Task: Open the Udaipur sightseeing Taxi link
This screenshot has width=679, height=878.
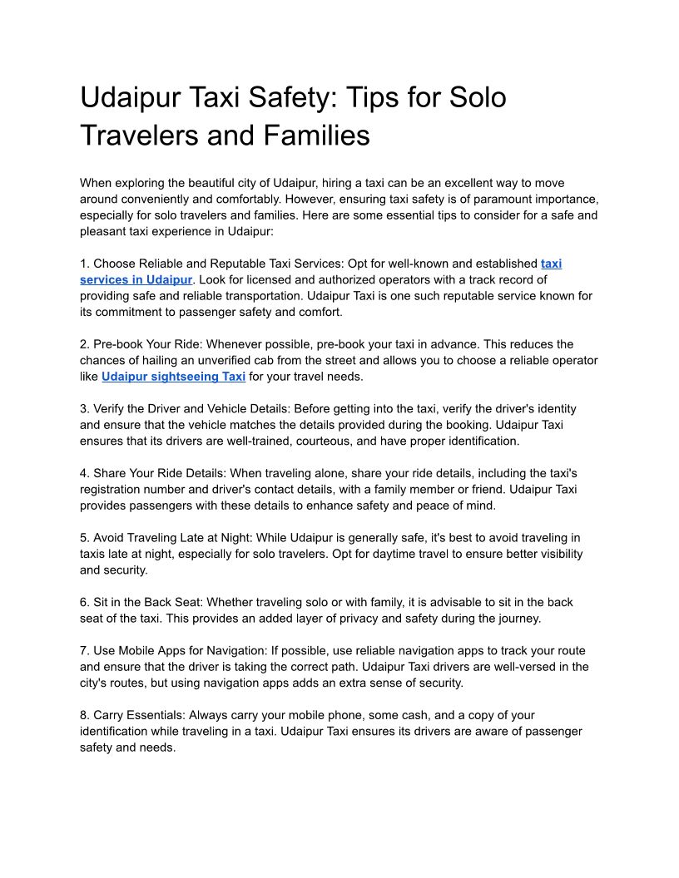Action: pyautogui.click(x=173, y=377)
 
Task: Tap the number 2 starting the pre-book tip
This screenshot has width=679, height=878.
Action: pyautogui.click(x=83, y=344)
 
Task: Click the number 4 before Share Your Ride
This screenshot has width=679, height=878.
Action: pyautogui.click(x=83, y=473)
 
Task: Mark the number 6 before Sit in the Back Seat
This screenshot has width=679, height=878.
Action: pyautogui.click(x=83, y=602)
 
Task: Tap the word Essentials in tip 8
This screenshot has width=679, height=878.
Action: pyautogui.click(x=156, y=715)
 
